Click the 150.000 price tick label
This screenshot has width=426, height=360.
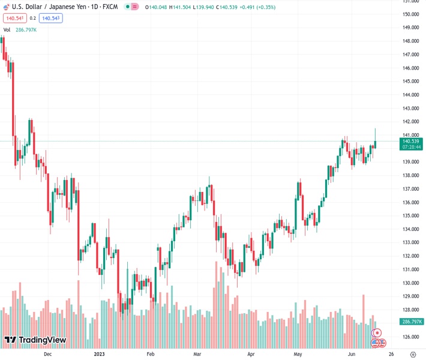pos(410,14)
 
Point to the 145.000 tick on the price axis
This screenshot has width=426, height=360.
pos(410,81)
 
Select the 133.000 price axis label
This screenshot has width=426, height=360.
pos(410,242)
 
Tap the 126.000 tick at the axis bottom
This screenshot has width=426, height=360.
pos(410,337)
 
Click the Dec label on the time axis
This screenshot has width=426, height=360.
pos(48,354)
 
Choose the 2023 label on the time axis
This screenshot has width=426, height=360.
pos(100,354)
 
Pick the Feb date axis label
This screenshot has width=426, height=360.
pos(151,354)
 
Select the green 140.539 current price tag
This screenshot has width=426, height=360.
pos(411,141)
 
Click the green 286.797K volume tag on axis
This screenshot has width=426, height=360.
pos(411,322)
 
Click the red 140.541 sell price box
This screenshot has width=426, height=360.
pos(14,18)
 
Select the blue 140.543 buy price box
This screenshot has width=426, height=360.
pos(50,18)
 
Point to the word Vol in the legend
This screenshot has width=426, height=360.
pos(7,29)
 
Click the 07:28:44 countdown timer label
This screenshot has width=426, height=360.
pos(411,147)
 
